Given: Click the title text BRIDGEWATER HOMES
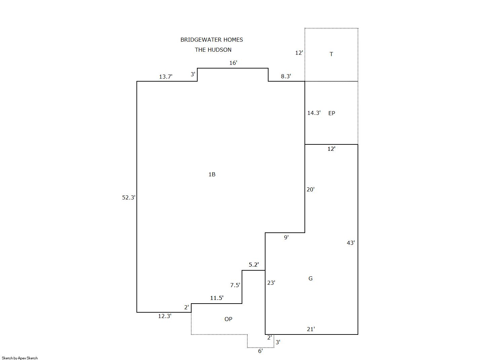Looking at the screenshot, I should (x=211, y=40).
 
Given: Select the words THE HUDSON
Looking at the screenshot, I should (x=213, y=50).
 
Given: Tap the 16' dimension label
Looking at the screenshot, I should (x=233, y=63).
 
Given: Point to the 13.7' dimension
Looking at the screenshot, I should (x=166, y=77).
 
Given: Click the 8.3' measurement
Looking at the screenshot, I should (x=286, y=76).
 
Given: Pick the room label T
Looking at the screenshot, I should (x=331, y=54).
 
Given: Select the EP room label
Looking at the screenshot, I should (x=331, y=113).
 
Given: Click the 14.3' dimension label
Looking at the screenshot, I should (x=314, y=113).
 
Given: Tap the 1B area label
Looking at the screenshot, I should (x=212, y=174).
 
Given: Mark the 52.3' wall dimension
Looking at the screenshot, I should (x=128, y=197).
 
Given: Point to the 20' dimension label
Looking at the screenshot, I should (x=310, y=189).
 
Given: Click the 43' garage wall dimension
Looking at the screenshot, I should (x=351, y=243).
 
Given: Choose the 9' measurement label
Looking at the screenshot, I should (x=286, y=237).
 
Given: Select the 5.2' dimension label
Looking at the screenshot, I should (x=254, y=265).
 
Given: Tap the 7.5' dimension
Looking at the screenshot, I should (x=235, y=285).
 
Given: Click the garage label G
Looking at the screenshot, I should (x=310, y=278).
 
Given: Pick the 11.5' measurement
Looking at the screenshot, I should (x=217, y=298).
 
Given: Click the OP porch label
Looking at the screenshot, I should (x=228, y=319).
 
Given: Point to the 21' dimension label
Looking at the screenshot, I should (x=311, y=329).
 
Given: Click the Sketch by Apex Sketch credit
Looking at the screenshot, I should (x=20, y=358).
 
